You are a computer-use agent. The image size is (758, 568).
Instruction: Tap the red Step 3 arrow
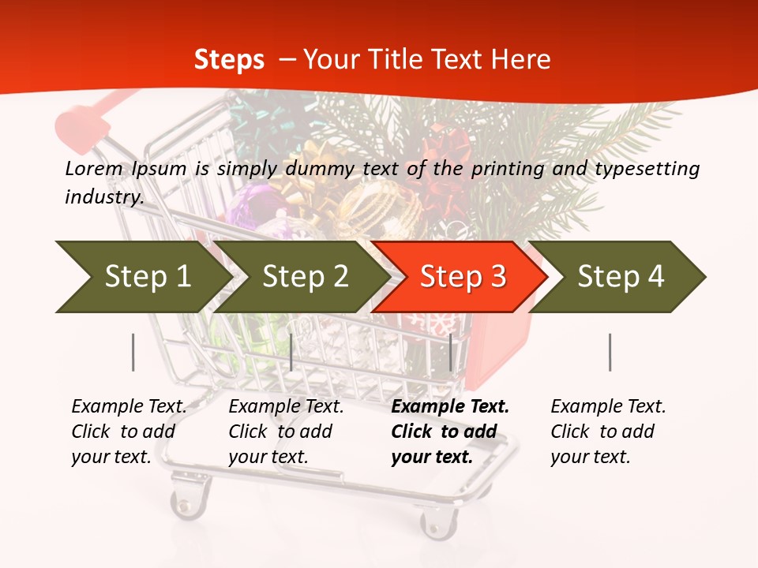click(462, 276)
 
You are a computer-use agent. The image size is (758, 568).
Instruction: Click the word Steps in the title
click(229, 59)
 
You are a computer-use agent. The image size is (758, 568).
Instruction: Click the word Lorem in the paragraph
click(94, 168)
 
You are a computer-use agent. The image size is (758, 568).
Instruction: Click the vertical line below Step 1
click(133, 352)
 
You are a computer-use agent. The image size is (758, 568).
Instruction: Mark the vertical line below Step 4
click(610, 352)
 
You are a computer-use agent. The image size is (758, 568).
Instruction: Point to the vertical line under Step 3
click(451, 352)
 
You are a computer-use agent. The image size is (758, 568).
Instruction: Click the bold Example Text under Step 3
click(450, 407)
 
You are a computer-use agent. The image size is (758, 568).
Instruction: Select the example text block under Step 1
click(129, 432)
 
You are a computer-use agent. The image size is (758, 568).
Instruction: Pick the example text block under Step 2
click(286, 432)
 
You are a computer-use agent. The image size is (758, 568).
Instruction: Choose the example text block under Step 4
click(608, 432)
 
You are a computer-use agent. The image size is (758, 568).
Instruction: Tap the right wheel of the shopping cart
click(439, 521)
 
